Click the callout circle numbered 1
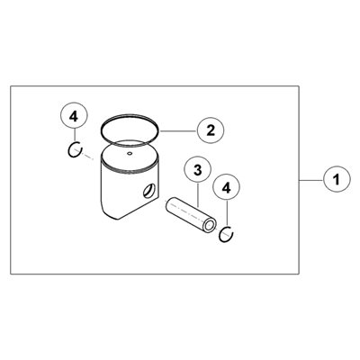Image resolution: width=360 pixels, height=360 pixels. [337, 180]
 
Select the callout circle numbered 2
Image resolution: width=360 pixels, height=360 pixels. [211, 130]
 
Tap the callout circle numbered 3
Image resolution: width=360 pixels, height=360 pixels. [198, 170]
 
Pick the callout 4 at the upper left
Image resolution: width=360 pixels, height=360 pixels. [74, 117]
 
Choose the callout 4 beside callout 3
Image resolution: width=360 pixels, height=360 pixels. [226, 188]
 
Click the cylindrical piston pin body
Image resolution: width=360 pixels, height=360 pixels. [191, 213]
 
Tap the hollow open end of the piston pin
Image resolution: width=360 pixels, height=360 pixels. [210, 225]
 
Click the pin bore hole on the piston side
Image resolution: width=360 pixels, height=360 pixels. [149, 191]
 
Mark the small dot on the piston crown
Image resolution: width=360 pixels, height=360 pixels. [130, 154]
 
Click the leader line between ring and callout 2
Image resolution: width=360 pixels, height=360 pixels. [178, 131]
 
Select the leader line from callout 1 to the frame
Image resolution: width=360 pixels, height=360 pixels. [311, 180]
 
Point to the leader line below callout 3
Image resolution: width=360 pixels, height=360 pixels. [198, 195]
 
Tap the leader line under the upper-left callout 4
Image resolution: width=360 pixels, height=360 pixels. [74, 136]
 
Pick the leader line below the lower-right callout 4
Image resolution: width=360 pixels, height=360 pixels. [227, 214]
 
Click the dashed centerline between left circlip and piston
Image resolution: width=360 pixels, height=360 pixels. [87, 157]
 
